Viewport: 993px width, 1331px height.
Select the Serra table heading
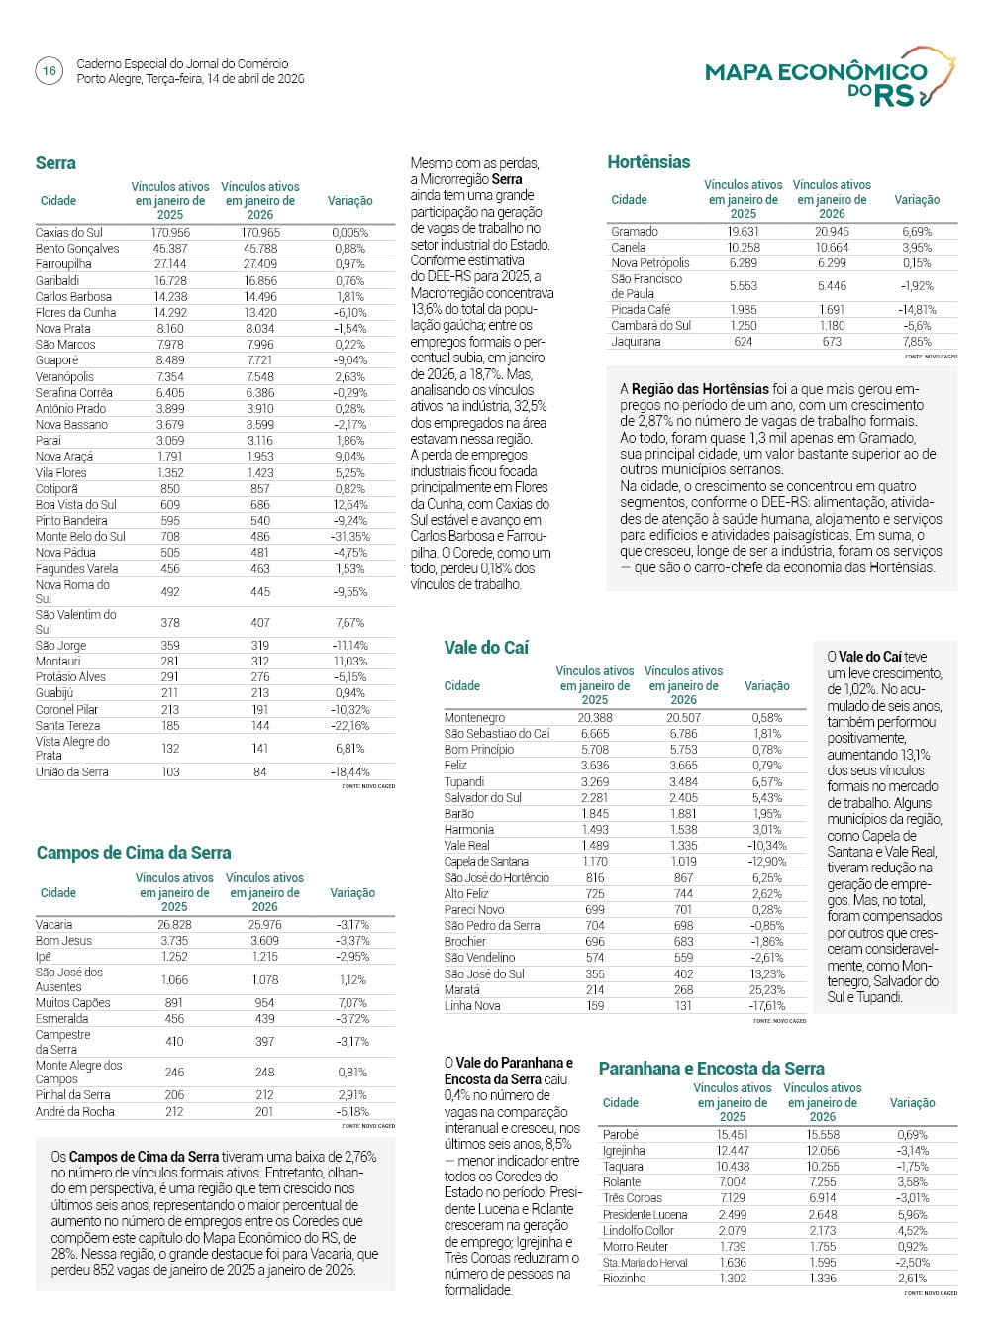[x=55, y=163]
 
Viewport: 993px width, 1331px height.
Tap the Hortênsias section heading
[x=648, y=162]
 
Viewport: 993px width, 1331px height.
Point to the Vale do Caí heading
[x=486, y=647]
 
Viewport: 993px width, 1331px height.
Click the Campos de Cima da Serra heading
[x=134, y=853]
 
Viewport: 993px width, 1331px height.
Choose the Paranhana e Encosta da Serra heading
[x=711, y=1069]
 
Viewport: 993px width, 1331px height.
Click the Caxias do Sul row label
[x=69, y=233]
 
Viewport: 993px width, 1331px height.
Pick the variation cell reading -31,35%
[x=349, y=537]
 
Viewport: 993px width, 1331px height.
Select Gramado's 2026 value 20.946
[x=832, y=232]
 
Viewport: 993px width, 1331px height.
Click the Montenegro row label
[x=474, y=718]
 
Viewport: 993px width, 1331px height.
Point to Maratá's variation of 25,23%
[x=766, y=990]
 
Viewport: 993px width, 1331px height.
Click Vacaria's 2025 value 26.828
[x=173, y=925]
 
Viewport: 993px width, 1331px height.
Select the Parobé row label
[x=621, y=1135]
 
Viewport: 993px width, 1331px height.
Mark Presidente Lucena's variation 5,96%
[x=912, y=1215]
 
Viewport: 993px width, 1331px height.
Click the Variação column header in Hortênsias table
[x=917, y=200]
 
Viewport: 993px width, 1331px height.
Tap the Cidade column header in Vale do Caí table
[x=462, y=686]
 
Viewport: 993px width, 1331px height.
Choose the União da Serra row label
[x=72, y=772]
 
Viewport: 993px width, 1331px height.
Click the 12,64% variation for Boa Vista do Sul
[x=349, y=505]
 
